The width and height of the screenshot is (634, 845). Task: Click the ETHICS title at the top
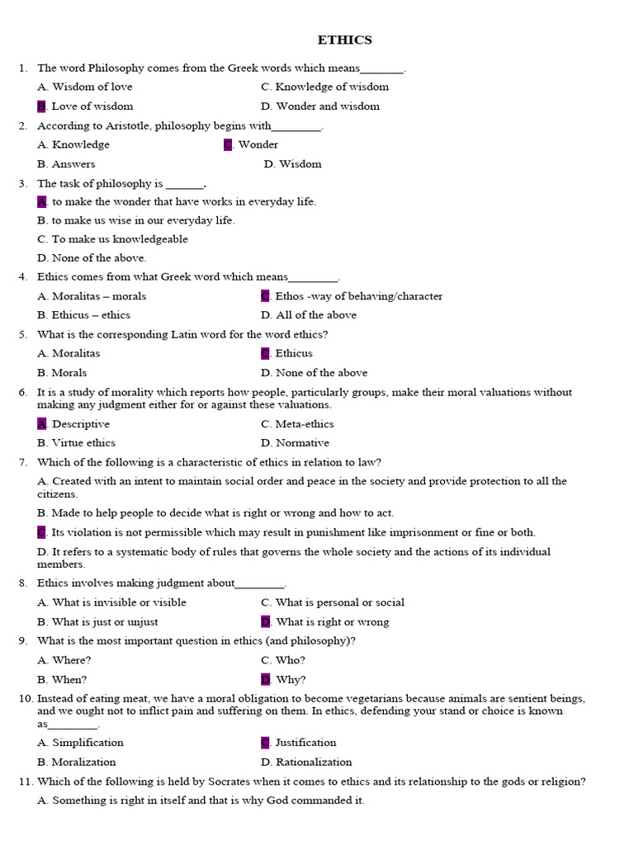(x=345, y=40)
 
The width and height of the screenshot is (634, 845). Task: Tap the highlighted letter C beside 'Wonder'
(x=228, y=144)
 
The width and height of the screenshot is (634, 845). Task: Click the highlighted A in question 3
(x=41, y=201)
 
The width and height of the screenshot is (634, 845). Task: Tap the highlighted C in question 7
(x=41, y=532)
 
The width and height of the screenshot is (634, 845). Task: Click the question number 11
(x=24, y=781)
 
